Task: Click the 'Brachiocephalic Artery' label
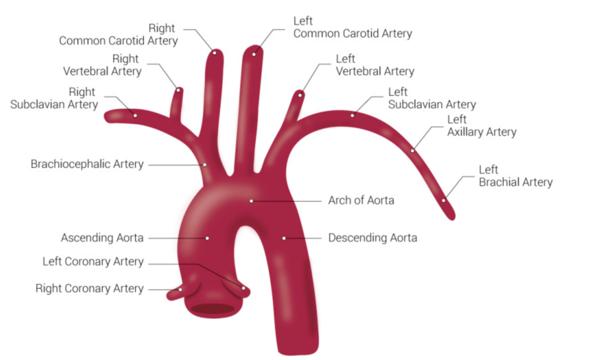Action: [87, 164]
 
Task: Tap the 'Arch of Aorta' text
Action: [361, 200]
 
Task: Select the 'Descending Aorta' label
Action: [373, 238]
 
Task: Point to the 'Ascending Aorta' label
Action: [102, 238]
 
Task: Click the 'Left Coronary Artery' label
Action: [93, 261]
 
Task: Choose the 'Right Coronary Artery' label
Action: [89, 289]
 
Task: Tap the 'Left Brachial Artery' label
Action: [516, 176]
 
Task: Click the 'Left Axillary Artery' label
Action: [481, 126]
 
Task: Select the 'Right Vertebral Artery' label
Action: [102, 65]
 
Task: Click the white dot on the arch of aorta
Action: [251, 201]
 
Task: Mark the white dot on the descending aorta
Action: [284, 238]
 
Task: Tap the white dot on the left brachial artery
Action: [444, 200]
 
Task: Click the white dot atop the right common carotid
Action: [215, 53]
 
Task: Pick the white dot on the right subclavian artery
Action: [135, 116]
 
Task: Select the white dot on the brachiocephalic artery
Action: [204, 165]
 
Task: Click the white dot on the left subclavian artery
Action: [352, 116]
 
